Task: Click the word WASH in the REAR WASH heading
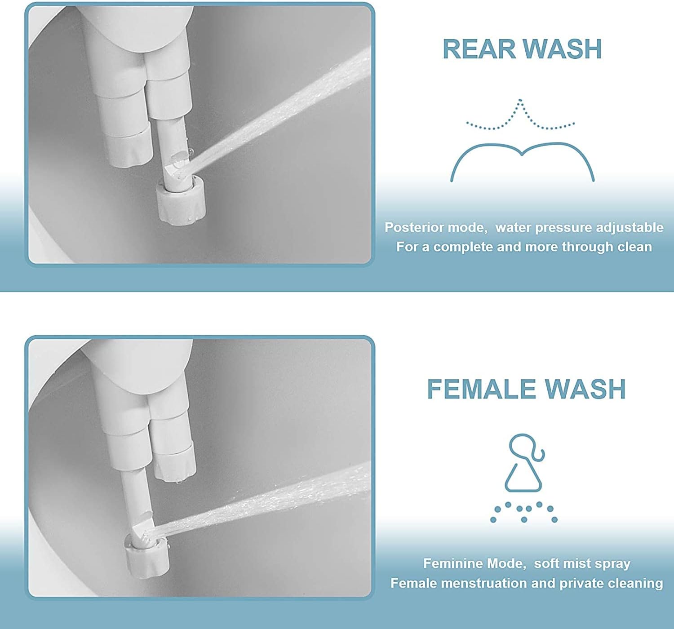[563, 49]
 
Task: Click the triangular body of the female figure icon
[523, 477]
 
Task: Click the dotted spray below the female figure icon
[524, 513]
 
